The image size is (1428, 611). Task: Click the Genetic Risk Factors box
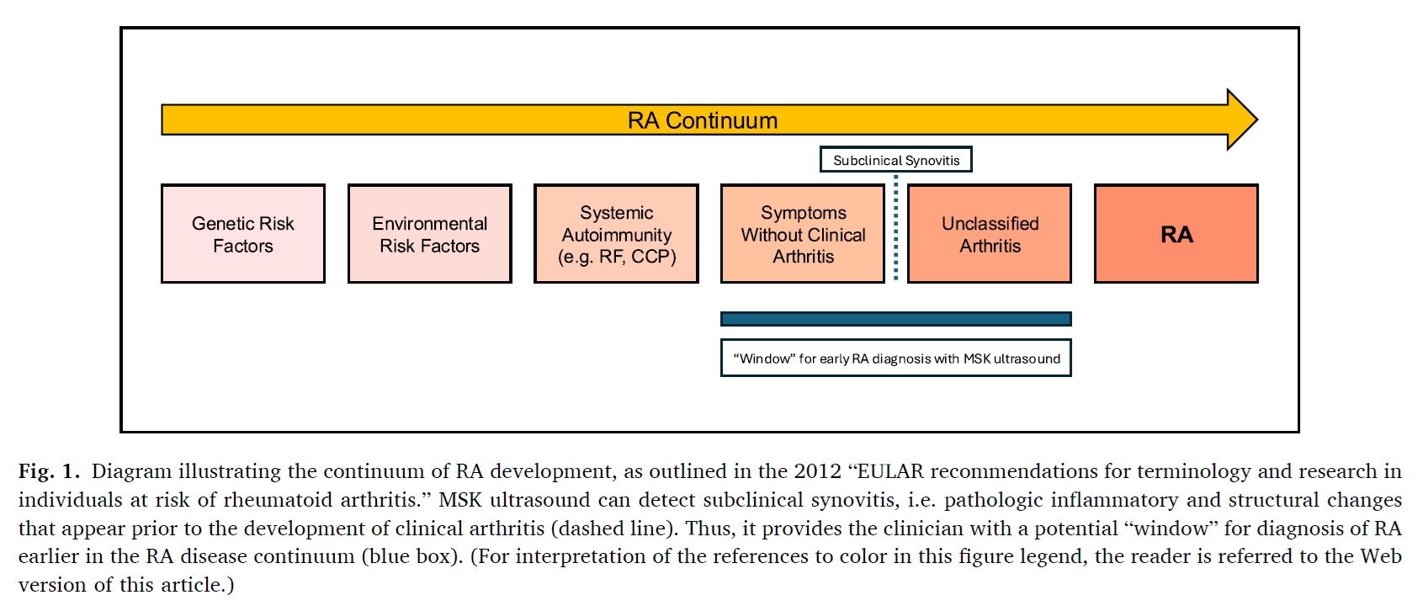pos(243,233)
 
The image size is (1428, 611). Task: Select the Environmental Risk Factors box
pos(430,233)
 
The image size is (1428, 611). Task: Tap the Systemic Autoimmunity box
pos(617,233)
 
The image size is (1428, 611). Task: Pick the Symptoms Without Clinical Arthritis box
pos(803,233)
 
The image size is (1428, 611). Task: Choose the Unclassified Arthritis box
pos(990,233)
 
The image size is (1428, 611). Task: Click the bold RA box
pos(1176,233)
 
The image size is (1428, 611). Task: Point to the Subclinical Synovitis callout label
pos(895,159)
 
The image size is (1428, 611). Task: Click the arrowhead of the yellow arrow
pos(1242,120)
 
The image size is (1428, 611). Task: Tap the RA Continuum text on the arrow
pos(703,120)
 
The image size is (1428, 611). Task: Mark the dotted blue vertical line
pos(895,227)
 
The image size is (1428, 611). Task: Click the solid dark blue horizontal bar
pos(895,319)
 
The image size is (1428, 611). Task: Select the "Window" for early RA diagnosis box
pos(895,358)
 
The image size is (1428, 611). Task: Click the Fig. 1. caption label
pos(49,471)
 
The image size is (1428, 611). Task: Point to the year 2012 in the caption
pos(817,471)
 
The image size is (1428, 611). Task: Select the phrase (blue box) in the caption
pos(411,557)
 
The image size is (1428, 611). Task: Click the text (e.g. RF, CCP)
pos(617,257)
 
